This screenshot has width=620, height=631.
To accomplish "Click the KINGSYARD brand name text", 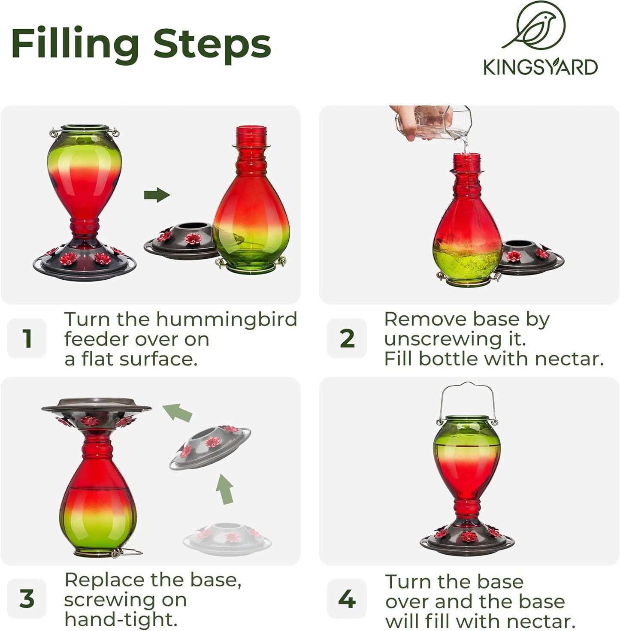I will tap(540, 67).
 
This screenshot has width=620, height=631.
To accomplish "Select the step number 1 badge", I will tap(27, 338).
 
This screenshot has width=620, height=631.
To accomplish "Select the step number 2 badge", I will tap(347, 338).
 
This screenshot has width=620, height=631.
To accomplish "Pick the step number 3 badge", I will tap(27, 598).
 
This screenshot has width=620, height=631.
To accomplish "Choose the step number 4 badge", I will tap(347, 598).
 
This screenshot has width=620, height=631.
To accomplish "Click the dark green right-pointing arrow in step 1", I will tap(157, 195).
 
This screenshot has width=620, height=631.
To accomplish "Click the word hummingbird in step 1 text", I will tap(227, 320).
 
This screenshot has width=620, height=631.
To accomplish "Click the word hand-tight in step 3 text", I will tap(121, 619).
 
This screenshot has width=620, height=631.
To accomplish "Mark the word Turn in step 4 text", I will tap(407, 582).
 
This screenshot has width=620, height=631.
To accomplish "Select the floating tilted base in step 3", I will tap(210, 447).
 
